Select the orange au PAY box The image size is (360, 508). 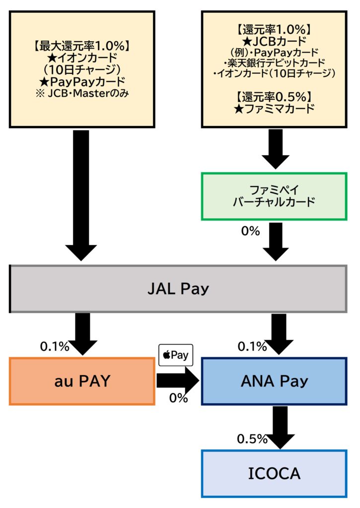click(x=81, y=381)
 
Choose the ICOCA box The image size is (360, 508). click(x=274, y=473)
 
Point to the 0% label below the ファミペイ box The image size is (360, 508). click(x=251, y=231)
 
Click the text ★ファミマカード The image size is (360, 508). click(x=275, y=109)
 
